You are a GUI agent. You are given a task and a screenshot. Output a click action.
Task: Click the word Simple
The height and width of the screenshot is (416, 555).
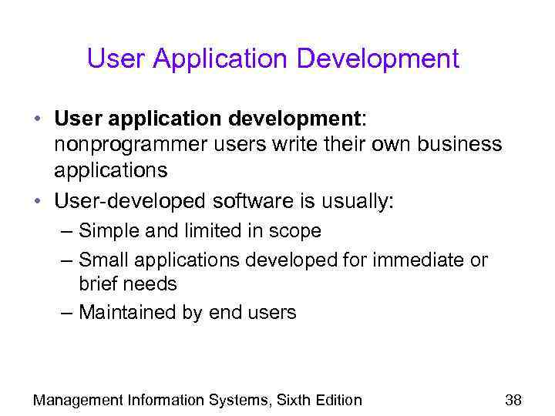point(105,231)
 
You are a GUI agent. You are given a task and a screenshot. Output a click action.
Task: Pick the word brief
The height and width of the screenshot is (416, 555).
point(97,283)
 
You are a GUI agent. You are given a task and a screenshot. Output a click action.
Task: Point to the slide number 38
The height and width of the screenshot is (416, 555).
point(513,399)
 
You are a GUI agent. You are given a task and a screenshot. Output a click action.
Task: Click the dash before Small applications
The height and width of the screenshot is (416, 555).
point(67,260)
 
